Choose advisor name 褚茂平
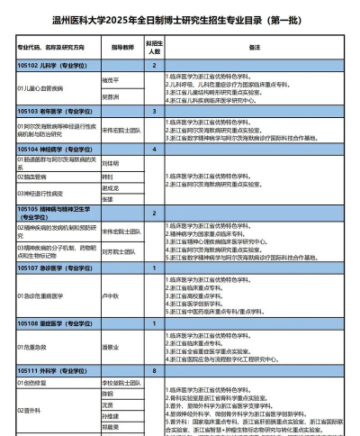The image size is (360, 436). [x=111, y=78]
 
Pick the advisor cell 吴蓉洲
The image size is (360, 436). [x=111, y=95]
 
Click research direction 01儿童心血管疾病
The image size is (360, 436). [x=40, y=87]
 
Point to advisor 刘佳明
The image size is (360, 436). [x=111, y=163]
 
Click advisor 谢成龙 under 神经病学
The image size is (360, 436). [x=109, y=188]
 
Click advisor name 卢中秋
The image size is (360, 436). [x=111, y=295]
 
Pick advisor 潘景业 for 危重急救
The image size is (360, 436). [x=111, y=346]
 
